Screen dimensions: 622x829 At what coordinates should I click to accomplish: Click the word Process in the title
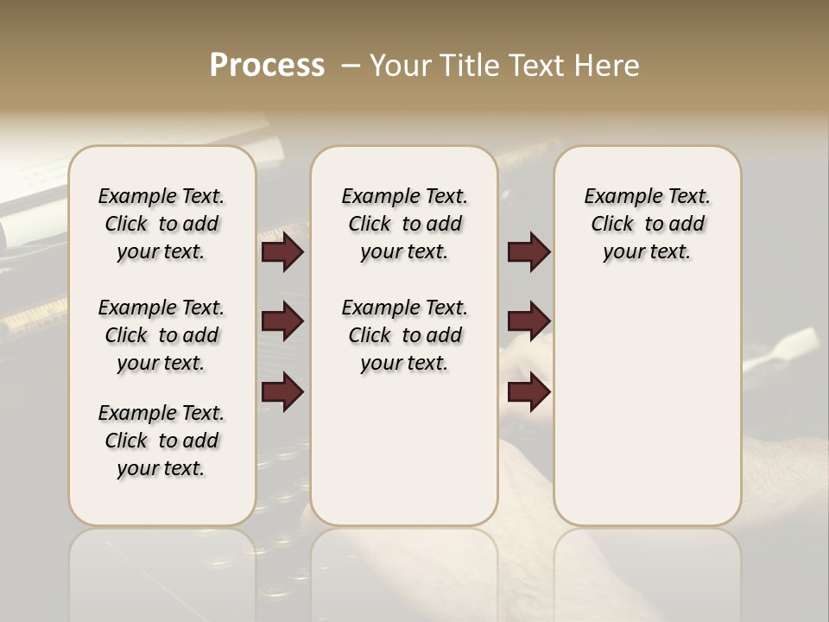[x=267, y=65]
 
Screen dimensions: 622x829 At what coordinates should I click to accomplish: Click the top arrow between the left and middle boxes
[x=282, y=252]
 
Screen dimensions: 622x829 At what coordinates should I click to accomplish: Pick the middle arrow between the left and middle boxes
[x=282, y=322]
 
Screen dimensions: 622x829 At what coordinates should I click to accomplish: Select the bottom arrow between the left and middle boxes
[x=282, y=392]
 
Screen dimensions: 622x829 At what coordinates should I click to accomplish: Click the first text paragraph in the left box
[x=161, y=224]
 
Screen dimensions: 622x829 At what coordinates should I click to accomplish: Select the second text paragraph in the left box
[x=161, y=335]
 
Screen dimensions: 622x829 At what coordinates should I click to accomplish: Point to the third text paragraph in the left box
[x=161, y=441]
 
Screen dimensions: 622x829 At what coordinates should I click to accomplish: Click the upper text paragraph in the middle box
[x=404, y=224]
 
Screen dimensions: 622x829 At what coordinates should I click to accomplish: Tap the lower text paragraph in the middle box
[x=404, y=335]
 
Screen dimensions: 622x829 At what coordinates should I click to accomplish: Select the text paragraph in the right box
[x=648, y=224]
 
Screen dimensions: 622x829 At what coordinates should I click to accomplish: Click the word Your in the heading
[x=398, y=66]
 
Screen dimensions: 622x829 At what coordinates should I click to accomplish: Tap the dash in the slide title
[x=350, y=66]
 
